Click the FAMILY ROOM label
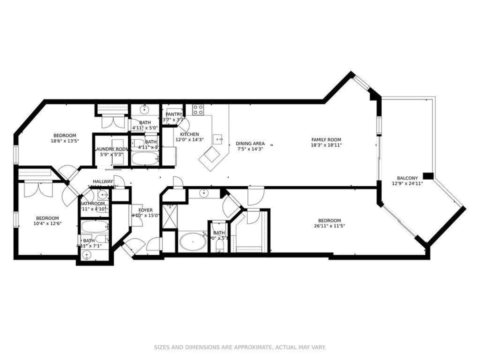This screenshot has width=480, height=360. [x=326, y=140]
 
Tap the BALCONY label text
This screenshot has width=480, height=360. [x=407, y=178]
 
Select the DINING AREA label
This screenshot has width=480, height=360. [x=250, y=143]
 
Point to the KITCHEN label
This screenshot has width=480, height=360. [x=189, y=134]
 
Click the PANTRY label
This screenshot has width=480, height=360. [x=174, y=114]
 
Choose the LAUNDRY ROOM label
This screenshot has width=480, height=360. [x=111, y=149]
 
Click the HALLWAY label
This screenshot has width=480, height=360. [x=102, y=181]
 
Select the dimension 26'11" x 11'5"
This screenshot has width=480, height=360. [x=329, y=226]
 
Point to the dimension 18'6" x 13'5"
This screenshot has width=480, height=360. [x=65, y=141]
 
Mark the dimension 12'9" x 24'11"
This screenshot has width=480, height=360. [x=407, y=183]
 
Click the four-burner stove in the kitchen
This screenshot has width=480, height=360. [x=198, y=109]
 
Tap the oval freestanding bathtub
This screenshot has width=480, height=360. [x=193, y=243]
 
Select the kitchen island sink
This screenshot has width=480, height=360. [x=218, y=138]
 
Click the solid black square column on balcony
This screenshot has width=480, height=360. [x=428, y=175]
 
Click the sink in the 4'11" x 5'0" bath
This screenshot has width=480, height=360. [x=144, y=109]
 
